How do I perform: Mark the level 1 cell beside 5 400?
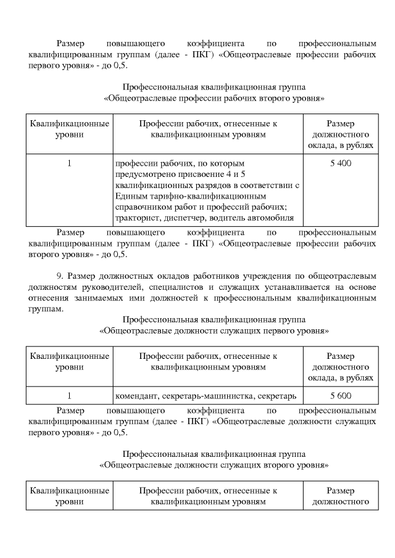pos(69,163)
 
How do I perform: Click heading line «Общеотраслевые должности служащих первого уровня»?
pos(214,330)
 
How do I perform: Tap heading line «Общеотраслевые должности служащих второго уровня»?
pos(214,464)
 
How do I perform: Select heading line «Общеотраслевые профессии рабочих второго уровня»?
pos(214,98)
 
